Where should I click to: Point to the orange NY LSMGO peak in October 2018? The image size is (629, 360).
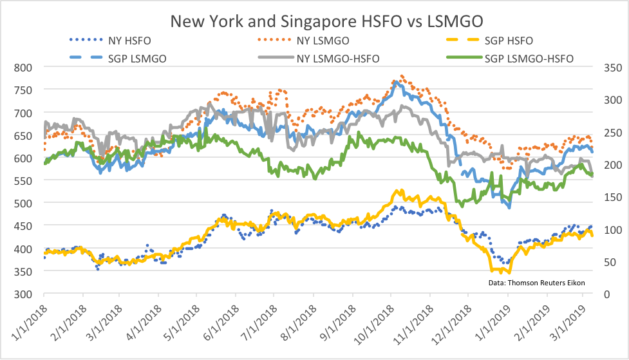click(x=402, y=75)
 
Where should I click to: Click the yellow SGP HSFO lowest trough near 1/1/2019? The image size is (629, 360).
click(x=500, y=272)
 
